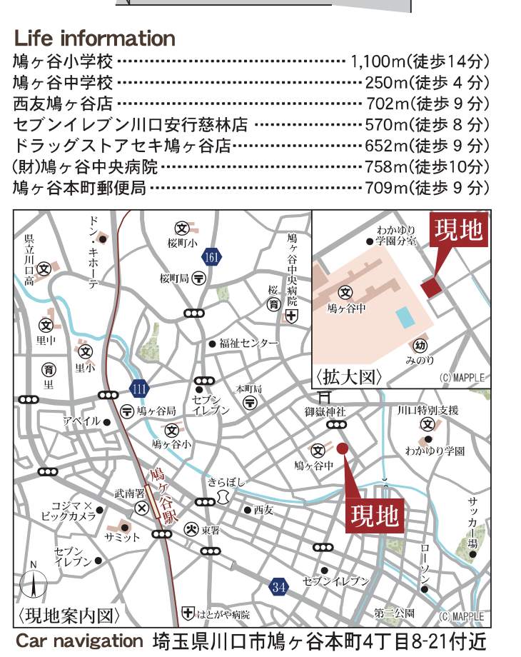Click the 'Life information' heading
pyautogui.click(x=94, y=38)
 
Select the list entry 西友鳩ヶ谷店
pyautogui.click(x=62, y=104)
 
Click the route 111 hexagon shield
pyautogui.click(x=140, y=388)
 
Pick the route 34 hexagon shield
pyautogui.click(x=279, y=587)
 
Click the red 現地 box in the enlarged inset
pyautogui.click(x=458, y=231)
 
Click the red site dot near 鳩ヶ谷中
pyautogui.click(x=343, y=448)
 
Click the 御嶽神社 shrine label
pyautogui.click(x=325, y=411)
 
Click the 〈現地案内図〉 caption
pyautogui.click(x=69, y=613)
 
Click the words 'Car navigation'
pyautogui.click(x=80, y=641)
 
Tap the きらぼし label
pyautogui.click(x=226, y=481)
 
